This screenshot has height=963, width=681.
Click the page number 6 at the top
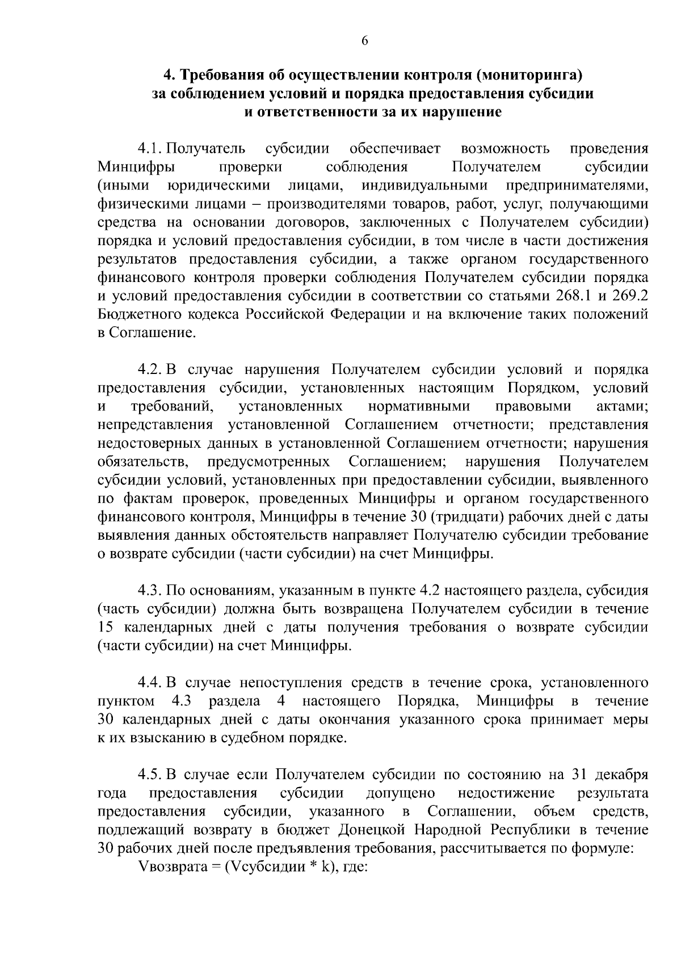[x=365, y=40]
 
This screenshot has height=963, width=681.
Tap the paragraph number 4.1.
[x=151, y=149]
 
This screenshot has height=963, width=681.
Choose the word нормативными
[x=419, y=406]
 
